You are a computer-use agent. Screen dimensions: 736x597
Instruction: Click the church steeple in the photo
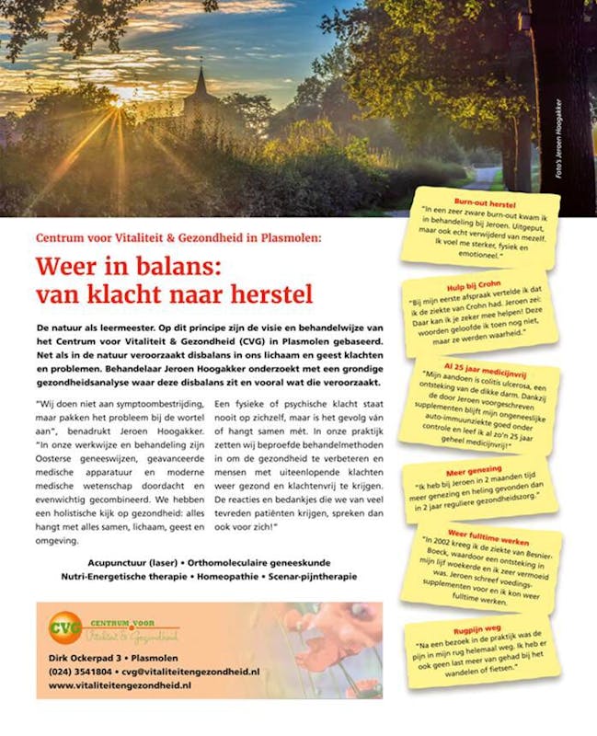tap(201, 84)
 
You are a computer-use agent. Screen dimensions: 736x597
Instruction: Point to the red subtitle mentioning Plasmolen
tap(178, 237)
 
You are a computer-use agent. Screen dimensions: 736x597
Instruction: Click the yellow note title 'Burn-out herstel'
tap(485, 201)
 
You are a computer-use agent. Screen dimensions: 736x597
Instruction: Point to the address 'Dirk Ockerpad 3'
tap(86, 658)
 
